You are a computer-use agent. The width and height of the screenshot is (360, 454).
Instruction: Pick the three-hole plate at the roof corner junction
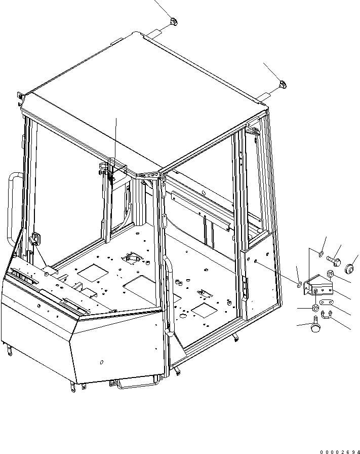point(149,175)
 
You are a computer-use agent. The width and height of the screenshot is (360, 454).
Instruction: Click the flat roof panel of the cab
point(147,101)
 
